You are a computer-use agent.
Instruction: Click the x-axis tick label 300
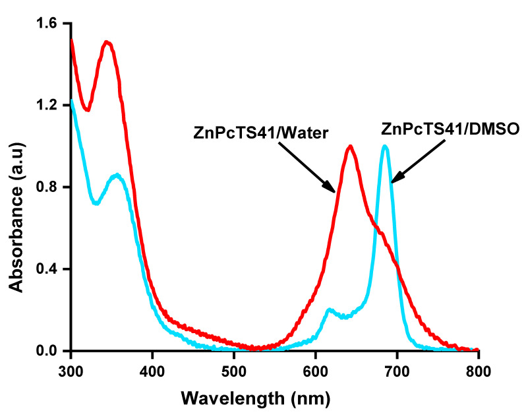tap(71, 369)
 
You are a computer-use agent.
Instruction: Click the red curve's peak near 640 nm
tap(351, 146)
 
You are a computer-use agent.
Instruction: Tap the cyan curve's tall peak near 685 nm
tap(385, 146)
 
